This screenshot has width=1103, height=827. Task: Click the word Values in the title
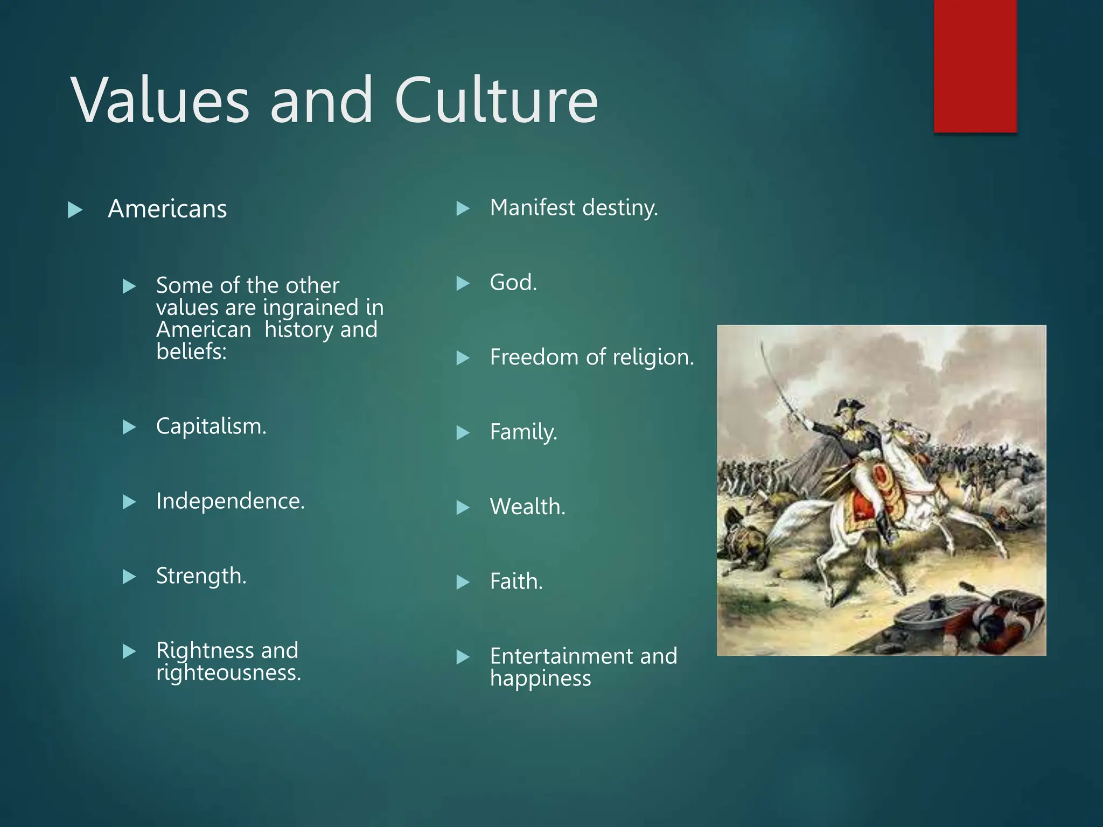point(160,100)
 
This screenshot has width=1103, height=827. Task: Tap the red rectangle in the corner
point(975,66)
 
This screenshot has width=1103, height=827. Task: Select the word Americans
point(167,209)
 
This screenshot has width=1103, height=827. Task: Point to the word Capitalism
point(211,426)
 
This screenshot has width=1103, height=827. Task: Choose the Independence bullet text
point(230,501)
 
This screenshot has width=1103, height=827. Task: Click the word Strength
point(201,576)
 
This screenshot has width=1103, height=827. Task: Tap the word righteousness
point(228,673)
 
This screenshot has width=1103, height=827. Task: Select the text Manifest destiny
point(574,208)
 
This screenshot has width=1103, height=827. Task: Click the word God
point(513,283)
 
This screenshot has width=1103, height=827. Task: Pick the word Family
point(523,432)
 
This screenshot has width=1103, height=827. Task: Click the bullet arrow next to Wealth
point(463,508)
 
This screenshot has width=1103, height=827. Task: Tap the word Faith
point(516,582)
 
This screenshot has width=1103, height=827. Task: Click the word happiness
point(540,678)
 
